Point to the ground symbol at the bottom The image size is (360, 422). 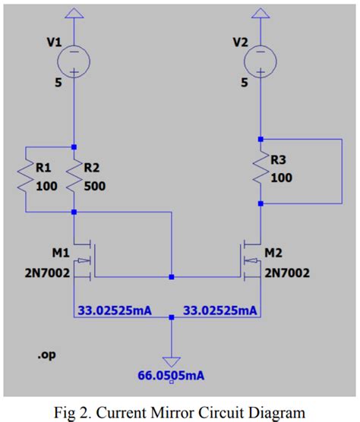[172, 360]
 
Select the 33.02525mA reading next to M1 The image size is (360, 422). [114, 310]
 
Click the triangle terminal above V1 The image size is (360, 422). [74, 13]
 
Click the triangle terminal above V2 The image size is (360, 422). [261, 13]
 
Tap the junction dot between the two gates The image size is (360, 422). [172, 277]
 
